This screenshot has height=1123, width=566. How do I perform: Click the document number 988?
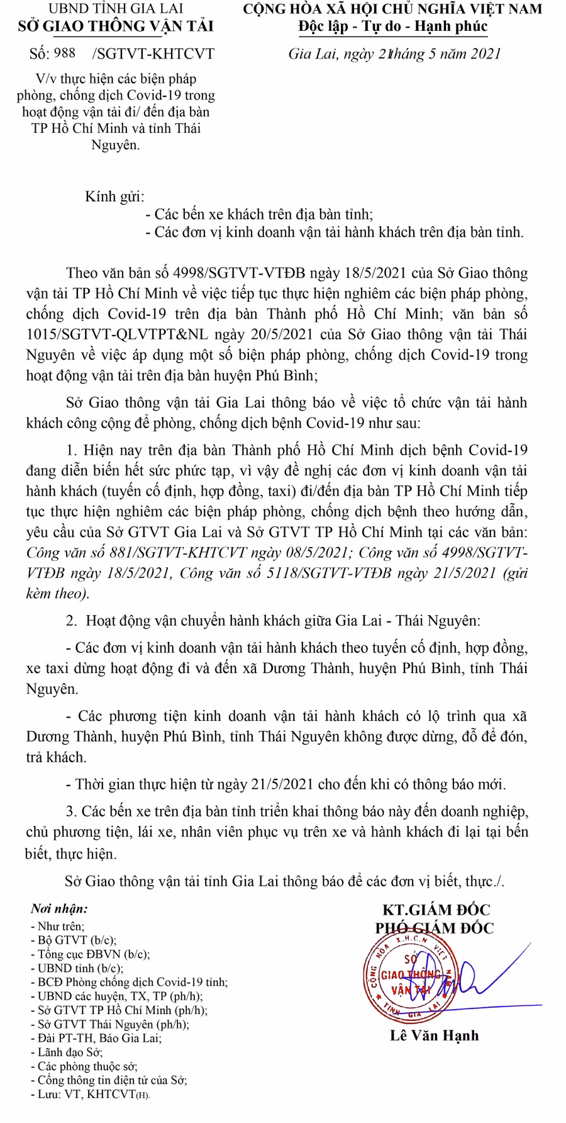65,54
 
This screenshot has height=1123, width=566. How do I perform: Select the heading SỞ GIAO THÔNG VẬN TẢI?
116,26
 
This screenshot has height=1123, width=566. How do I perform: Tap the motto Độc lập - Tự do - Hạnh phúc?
393,26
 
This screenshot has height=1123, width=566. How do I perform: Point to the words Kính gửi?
115,196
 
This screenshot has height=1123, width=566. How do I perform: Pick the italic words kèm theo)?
58,593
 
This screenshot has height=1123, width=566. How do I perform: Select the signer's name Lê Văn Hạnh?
434,1036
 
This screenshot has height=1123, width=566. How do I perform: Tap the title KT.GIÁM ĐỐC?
436,910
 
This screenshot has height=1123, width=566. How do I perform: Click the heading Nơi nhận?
59,909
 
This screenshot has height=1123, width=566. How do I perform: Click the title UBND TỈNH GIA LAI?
116,10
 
